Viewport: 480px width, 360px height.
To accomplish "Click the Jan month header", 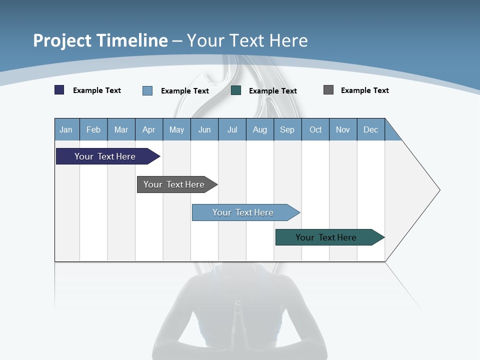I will click(x=66, y=129).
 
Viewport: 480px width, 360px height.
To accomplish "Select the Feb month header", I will click(x=93, y=129).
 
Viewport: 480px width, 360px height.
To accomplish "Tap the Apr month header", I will click(x=149, y=129).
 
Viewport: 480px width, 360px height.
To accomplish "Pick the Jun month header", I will click(x=204, y=129).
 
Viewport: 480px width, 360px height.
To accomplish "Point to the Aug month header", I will click(x=260, y=129).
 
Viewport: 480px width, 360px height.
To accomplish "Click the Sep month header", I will click(x=287, y=129).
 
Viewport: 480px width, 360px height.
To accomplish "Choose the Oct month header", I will click(x=315, y=129).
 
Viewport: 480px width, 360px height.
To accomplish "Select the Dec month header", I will click(x=371, y=129).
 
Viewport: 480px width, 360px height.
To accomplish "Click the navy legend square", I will click(x=59, y=90).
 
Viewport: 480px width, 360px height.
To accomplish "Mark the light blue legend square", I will click(x=147, y=90).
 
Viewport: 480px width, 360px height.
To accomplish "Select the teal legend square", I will click(x=236, y=90).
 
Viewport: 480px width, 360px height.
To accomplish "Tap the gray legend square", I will click(x=328, y=90).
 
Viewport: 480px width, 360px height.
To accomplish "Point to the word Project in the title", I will click(x=62, y=40).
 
